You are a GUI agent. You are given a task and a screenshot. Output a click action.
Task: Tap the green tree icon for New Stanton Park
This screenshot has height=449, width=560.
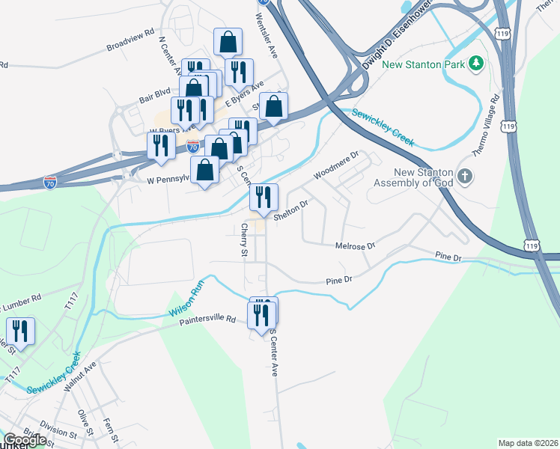click(475, 64)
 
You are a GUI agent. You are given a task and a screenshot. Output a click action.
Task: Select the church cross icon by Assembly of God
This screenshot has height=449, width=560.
click(465, 177)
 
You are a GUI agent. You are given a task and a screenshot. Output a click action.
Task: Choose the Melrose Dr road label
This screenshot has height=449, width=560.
click(356, 245)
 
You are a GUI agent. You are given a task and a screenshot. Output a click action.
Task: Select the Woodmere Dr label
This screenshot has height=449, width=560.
click(337, 165)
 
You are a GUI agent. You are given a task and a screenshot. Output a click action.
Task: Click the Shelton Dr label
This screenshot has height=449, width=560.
click(291, 210)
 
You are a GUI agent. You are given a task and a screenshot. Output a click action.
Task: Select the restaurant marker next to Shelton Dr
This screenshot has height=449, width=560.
click(264, 197)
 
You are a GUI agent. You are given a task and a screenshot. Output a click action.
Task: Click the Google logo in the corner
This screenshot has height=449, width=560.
click(24, 440)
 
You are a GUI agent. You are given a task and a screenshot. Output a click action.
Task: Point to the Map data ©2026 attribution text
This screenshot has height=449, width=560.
click(528, 443)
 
